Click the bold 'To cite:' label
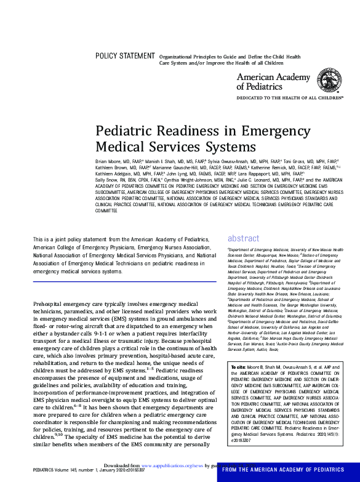(x=237, y=366)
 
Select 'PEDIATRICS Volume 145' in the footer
(x=27, y=470)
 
